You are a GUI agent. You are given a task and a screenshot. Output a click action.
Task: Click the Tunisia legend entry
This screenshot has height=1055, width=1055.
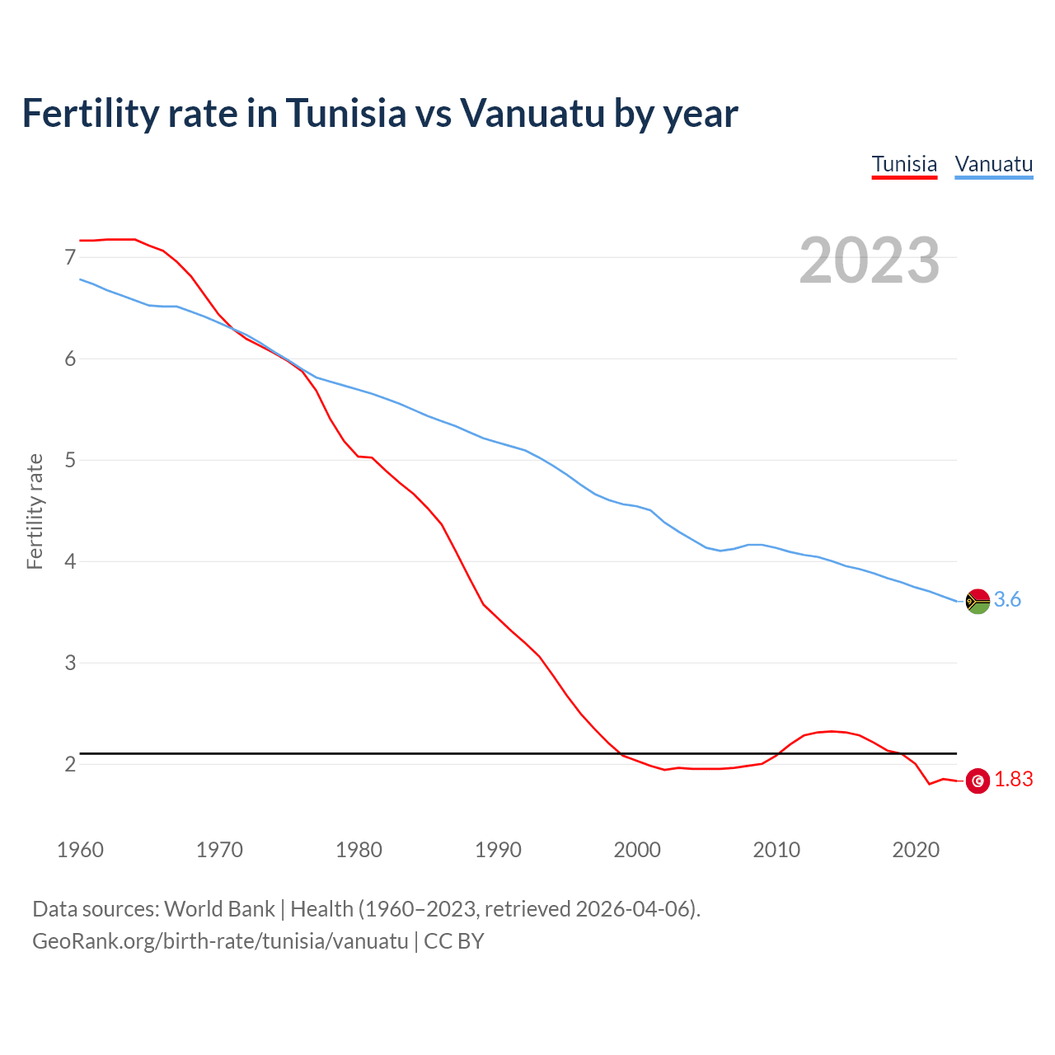click(904, 164)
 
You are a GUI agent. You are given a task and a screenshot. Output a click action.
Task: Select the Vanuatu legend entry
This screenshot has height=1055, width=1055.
click(993, 164)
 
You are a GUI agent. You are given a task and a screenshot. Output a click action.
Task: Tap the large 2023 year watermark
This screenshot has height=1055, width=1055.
click(870, 260)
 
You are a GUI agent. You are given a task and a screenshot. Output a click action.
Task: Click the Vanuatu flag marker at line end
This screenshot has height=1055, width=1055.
click(977, 602)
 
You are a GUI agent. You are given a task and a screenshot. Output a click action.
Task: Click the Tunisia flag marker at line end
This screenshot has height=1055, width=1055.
click(978, 780)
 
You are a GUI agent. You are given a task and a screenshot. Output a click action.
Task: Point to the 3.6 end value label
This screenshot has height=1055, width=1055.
click(1007, 600)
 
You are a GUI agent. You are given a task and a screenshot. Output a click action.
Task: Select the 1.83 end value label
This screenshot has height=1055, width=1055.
click(1013, 780)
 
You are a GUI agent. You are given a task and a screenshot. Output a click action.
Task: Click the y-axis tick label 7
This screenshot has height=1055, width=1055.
click(70, 258)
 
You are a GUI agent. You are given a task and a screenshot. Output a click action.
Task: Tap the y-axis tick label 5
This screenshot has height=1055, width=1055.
click(70, 460)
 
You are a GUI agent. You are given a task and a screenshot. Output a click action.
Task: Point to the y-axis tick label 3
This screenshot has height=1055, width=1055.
click(70, 663)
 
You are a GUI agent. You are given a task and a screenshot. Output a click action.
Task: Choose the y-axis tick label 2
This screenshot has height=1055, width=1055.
click(70, 764)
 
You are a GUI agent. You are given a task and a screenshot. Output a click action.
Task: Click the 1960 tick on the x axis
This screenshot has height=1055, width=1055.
click(80, 850)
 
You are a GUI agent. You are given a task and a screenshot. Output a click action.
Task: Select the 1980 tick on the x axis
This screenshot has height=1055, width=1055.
click(359, 850)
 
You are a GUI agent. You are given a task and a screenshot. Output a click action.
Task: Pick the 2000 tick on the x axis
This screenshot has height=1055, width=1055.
click(637, 850)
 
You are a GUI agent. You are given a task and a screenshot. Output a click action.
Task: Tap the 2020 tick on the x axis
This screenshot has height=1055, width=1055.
click(916, 850)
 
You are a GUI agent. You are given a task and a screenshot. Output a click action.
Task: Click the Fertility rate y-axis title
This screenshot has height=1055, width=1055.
click(35, 511)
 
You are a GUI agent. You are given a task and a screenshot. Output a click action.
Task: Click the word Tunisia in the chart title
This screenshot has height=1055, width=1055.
click(346, 113)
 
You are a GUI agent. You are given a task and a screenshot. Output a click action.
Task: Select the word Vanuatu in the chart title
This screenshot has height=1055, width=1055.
click(532, 113)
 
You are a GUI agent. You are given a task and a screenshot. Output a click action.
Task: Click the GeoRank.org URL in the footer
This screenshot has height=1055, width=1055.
click(220, 941)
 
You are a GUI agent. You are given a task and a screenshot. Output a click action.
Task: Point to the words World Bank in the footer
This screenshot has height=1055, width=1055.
click(219, 909)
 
